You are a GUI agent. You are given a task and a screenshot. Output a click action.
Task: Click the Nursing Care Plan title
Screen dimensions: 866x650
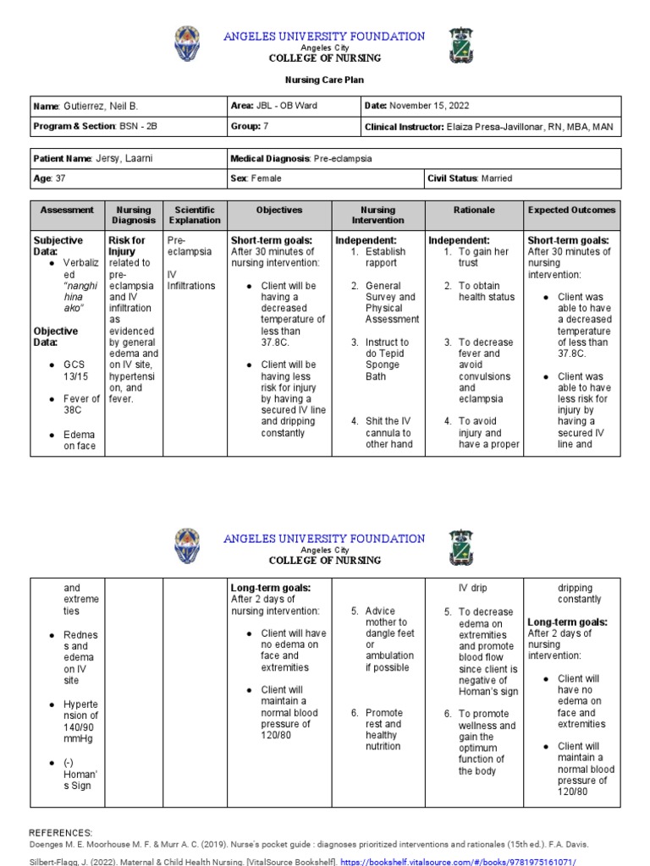pos(324,79)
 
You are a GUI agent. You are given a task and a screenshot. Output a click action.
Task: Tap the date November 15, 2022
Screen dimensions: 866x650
pos(429,107)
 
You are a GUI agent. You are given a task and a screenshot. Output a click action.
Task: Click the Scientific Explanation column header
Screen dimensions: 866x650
pos(195,215)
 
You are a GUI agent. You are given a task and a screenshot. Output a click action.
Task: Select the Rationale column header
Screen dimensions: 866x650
pos(473,210)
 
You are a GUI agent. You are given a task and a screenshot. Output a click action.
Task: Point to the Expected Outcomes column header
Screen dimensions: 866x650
pos(571,210)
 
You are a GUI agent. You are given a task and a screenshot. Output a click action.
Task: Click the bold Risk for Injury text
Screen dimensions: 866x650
pos(126,246)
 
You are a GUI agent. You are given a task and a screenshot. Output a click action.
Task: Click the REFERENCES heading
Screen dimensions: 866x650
pos(61,833)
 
